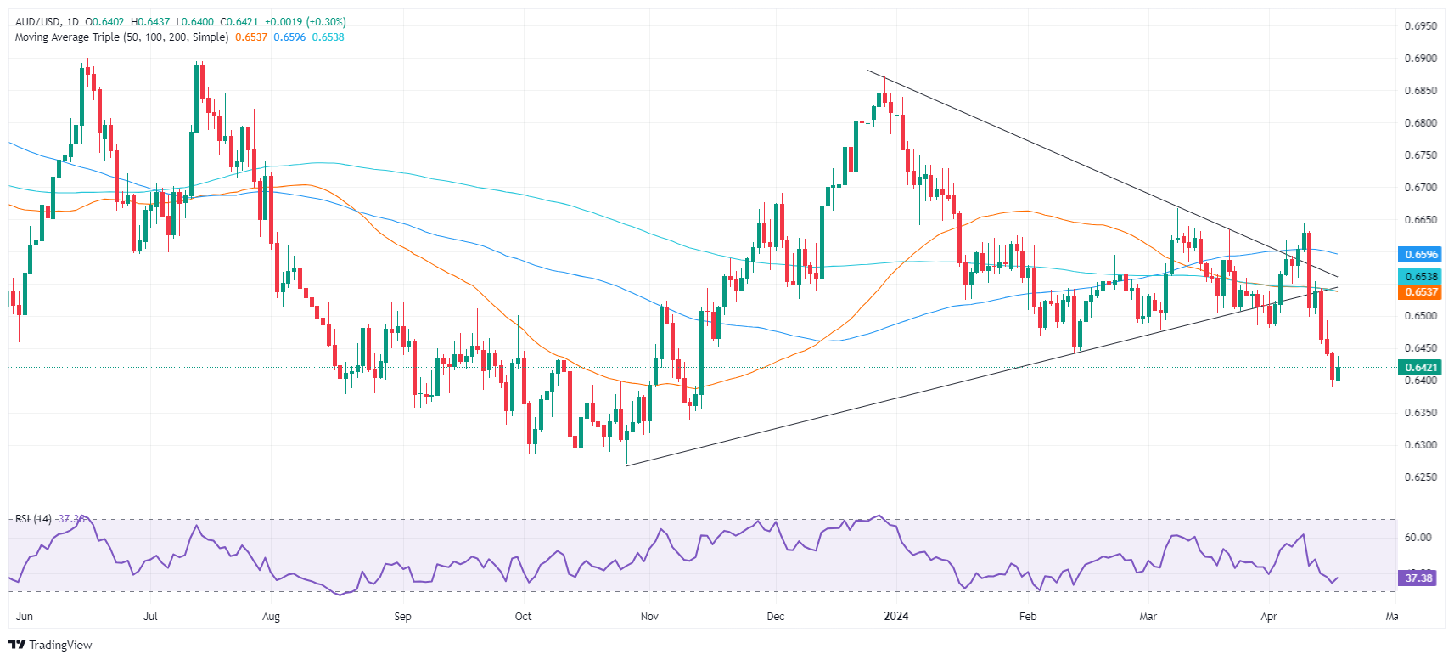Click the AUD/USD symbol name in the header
pyautogui.click(x=37, y=22)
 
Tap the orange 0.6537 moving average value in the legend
pyautogui.click(x=251, y=37)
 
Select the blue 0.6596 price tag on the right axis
pyautogui.click(x=1420, y=254)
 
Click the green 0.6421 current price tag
pyautogui.click(x=1420, y=368)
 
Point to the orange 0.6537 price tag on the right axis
pyautogui.click(x=1420, y=292)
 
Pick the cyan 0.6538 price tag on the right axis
pyautogui.click(x=1420, y=277)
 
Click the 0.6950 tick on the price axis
pyautogui.click(x=1420, y=26)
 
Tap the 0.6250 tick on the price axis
pyautogui.click(x=1420, y=477)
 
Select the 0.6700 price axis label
pyautogui.click(x=1420, y=188)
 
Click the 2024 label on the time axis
pyautogui.click(x=896, y=616)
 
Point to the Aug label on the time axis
pyautogui.click(x=271, y=616)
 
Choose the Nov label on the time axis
pyautogui.click(x=649, y=616)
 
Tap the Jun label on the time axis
pyautogui.click(x=25, y=616)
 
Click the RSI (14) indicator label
pyautogui.click(x=33, y=519)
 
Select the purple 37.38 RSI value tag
pyautogui.click(x=1418, y=578)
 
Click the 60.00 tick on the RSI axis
pyautogui.click(x=1418, y=538)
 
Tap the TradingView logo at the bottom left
pyautogui.click(x=50, y=645)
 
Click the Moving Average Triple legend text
pyautogui.click(x=121, y=37)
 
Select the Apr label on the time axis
pyautogui.click(x=1269, y=616)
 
